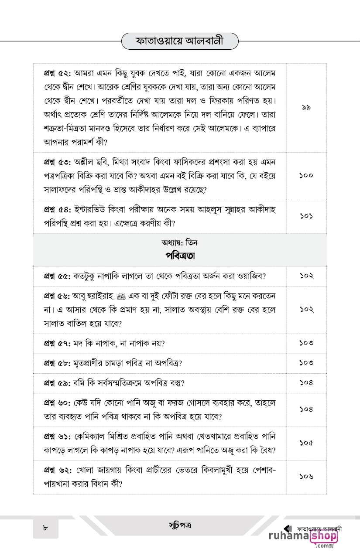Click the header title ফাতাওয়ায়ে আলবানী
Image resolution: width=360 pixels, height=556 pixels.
180,42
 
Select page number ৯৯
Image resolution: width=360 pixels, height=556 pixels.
306,107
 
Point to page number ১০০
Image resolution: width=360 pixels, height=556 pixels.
306,175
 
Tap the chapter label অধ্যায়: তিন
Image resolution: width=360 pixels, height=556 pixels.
180,243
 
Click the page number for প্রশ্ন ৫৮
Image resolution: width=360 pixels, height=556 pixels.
306,363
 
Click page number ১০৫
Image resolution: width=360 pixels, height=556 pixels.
306,443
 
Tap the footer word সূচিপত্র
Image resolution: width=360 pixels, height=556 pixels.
180,525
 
